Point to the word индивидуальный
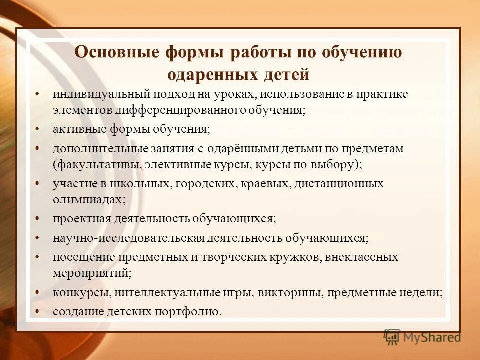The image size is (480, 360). point(93,94)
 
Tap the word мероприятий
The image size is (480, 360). point(91,273)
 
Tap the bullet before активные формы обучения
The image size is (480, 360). point(39,129)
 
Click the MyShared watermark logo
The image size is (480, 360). point(422,337)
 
